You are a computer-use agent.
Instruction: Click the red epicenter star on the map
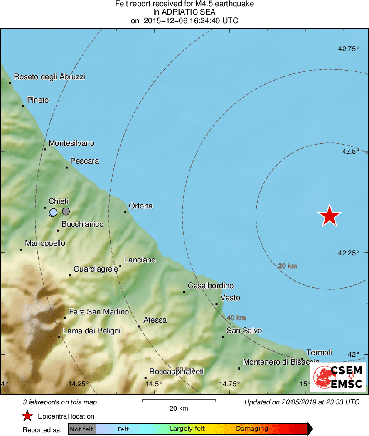point(329,216)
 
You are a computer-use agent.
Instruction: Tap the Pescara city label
point(85,161)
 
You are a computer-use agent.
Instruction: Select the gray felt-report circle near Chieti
point(66,211)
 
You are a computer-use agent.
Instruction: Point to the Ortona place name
point(141,206)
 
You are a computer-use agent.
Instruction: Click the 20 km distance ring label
point(288,266)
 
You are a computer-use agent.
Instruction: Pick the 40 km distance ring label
point(236,318)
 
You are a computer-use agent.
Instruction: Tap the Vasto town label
point(230,298)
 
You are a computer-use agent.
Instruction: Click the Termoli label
point(319,352)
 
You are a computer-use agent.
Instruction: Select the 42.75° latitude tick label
point(348,49)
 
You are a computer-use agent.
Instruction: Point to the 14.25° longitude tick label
point(79,384)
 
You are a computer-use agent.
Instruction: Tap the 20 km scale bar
point(179,401)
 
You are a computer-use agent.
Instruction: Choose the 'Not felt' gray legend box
point(81,429)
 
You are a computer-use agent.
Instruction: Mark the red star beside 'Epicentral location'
point(27,416)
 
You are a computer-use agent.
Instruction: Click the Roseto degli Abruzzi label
point(49,77)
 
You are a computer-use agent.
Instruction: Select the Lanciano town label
point(140,260)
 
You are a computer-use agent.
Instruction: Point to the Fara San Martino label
point(99,312)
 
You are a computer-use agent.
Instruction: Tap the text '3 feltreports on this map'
point(60,402)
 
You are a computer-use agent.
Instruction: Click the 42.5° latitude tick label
point(350,151)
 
